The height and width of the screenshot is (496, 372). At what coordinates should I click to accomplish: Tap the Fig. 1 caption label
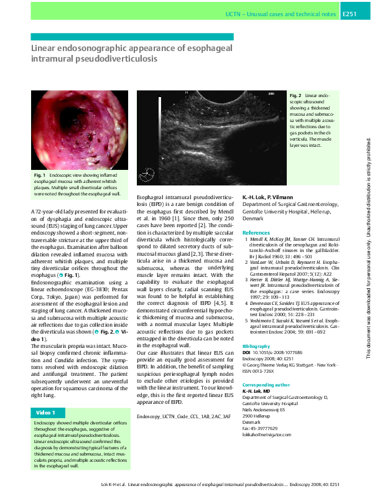click(x=40, y=177)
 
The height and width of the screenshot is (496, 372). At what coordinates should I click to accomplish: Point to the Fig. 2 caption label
click(x=295, y=95)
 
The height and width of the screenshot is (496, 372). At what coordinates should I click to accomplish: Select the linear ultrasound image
click(x=210, y=138)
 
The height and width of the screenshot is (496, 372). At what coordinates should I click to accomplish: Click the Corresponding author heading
click(x=266, y=385)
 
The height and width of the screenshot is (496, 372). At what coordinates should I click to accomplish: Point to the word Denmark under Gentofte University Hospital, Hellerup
click(x=253, y=220)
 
